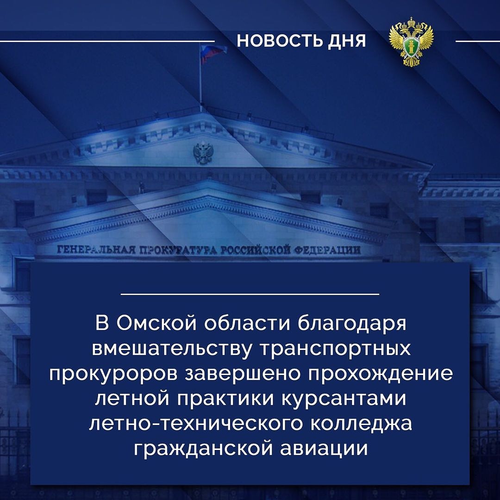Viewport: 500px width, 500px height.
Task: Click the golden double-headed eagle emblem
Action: pos(411,42)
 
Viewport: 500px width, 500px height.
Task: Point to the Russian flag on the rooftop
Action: pos(212,53)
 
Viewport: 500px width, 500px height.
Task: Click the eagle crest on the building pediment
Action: pos(203,153)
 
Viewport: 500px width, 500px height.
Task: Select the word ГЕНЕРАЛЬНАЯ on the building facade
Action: pos(96,250)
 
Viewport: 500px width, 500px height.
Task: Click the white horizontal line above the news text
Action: pos(250,294)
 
